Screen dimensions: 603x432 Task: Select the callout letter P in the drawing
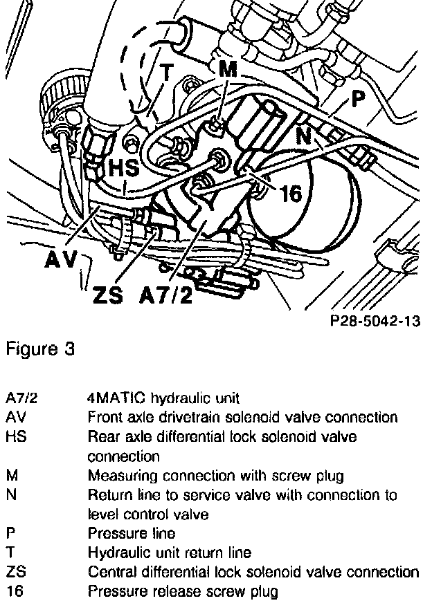pos(357,99)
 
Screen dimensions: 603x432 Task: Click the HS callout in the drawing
pos(124,169)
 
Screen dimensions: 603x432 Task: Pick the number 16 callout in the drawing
pos(291,193)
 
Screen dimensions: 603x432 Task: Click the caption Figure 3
pos(39,349)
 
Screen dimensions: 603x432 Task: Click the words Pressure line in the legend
pos(131,533)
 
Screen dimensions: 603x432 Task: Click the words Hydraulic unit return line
pos(169,553)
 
